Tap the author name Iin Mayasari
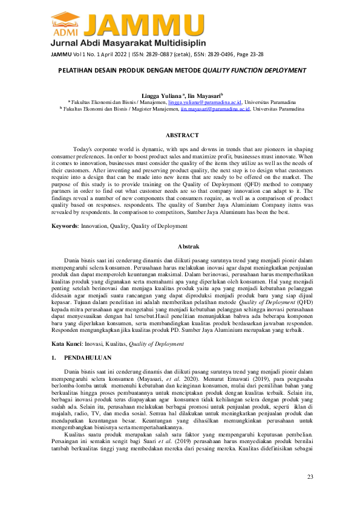pyautogui.click(x=203, y=96)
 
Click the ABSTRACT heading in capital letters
pyautogui.click(x=182, y=135)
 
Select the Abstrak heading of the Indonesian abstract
pyautogui.click(x=182, y=247)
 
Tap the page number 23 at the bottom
pyautogui.click(x=310, y=478)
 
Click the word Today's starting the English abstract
pyautogui.click(x=83, y=149)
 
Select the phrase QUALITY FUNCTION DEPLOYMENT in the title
pyautogui.click(x=254, y=70)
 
